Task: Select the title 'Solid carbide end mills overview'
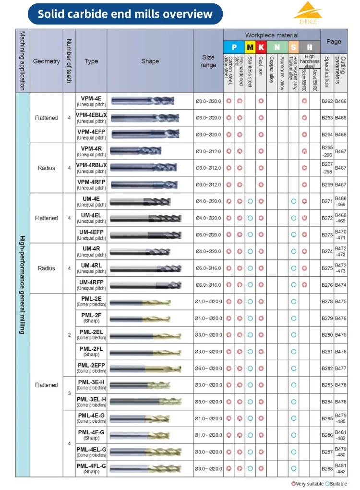[x=125, y=13]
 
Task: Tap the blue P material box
[x=234, y=47]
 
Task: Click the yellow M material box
[x=250, y=47]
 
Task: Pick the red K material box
[x=261, y=47]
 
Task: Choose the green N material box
[x=277, y=47]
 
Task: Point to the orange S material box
[x=293, y=47]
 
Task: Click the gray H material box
[x=310, y=47]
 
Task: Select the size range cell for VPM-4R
[x=208, y=151]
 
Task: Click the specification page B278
[x=327, y=301]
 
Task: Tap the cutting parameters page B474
[x=340, y=285]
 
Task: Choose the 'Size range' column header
[x=208, y=61]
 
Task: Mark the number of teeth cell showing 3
[x=69, y=393]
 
